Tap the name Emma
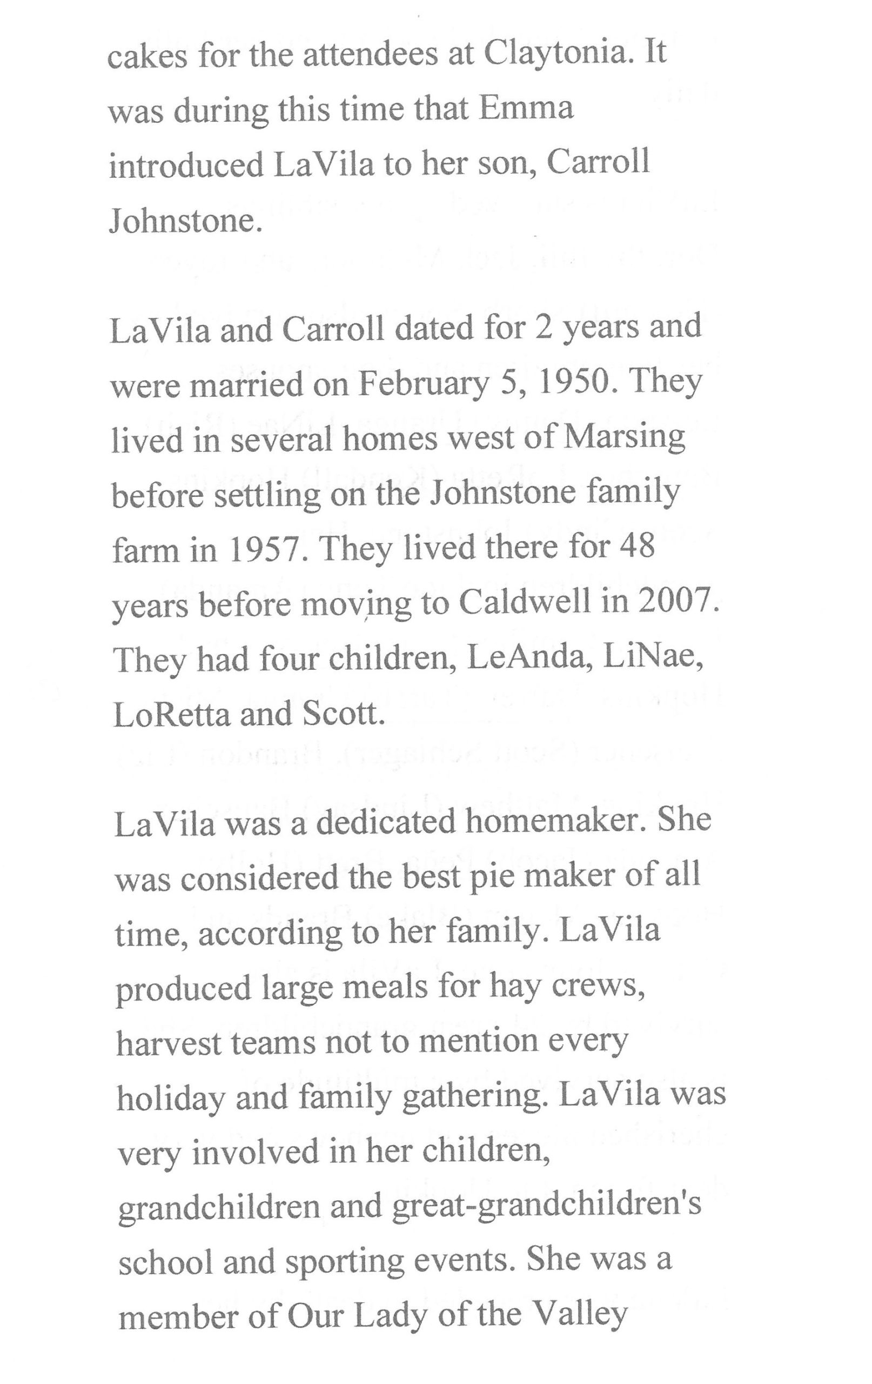click(x=526, y=109)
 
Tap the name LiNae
click(x=653, y=657)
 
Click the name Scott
click(x=339, y=714)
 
